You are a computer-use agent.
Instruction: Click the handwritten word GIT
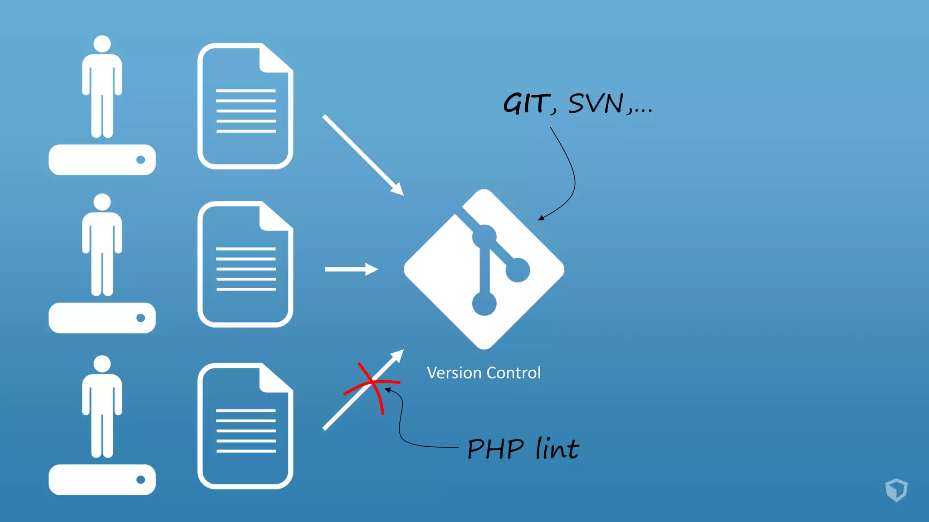(x=526, y=104)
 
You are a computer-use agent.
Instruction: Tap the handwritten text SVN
(x=596, y=104)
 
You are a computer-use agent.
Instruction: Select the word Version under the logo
(x=454, y=373)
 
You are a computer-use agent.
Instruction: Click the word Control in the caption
(x=513, y=373)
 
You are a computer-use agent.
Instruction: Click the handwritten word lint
(x=557, y=449)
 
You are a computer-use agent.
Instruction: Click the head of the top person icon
(x=102, y=44)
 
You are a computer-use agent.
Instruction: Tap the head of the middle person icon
(x=102, y=202)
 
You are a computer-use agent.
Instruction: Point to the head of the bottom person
(x=102, y=364)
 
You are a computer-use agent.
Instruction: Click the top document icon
(x=245, y=106)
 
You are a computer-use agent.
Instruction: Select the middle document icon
(x=245, y=265)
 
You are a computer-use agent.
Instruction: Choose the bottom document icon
(x=245, y=426)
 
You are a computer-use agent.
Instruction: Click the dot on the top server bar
(x=141, y=159)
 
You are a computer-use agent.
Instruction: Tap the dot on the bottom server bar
(x=141, y=479)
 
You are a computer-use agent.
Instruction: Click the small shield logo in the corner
(x=896, y=490)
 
